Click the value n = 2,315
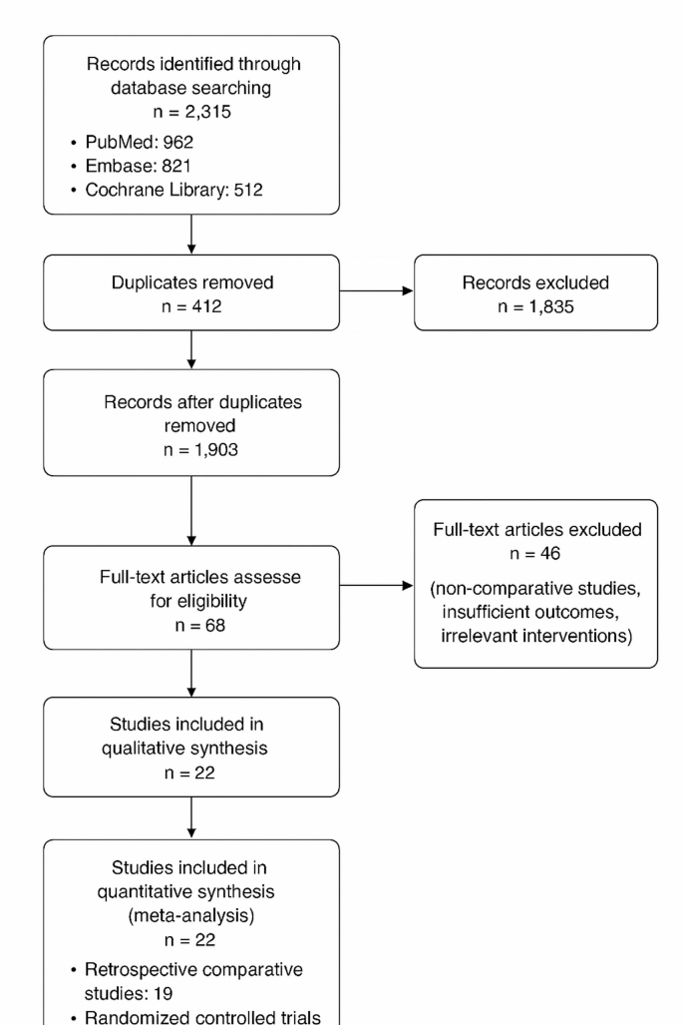pyautogui.click(x=190, y=112)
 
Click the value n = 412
pyautogui.click(x=190, y=307)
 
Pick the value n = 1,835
pyautogui.click(x=536, y=307)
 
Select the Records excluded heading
pyautogui.click(x=536, y=282)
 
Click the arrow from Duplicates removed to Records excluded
pyautogui.click(x=376, y=293)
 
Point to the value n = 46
pyautogui.click(x=536, y=553)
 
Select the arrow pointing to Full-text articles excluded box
pyautogui.click(x=376, y=587)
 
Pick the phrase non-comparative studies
pyautogui.click(x=536, y=588)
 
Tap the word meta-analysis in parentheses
pyautogui.click(x=190, y=916)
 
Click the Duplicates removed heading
pyautogui.click(x=190, y=282)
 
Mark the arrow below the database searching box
pyautogui.click(x=190, y=234)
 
